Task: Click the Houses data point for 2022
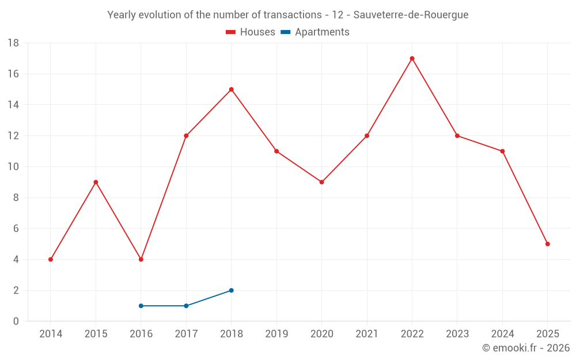pyautogui.click(x=412, y=58)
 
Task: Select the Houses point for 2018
pyautogui.click(x=231, y=89)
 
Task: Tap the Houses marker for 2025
pyautogui.click(x=547, y=244)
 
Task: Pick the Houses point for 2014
pyautogui.click(x=51, y=259)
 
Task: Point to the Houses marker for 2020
pyautogui.click(x=321, y=182)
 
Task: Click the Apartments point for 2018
pyautogui.click(x=231, y=290)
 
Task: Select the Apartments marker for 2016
pyautogui.click(x=141, y=306)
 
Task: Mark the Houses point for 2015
pyautogui.click(x=96, y=182)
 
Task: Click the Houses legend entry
pyautogui.click(x=251, y=32)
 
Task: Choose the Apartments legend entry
pyautogui.click(x=315, y=32)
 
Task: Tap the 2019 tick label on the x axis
pyautogui.click(x=276, y=334)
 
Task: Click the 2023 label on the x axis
pyautogui.click(x=457, y=334)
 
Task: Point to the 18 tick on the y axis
pyautogui.click(x=13, y=43)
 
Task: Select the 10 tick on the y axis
pyautogui.click(x=13, y=167)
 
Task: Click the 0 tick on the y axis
pyautogui.click(x=16, y=321)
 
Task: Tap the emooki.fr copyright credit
pyautogui.click(x=526, y=348)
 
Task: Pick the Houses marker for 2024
pyautogui.click(x=502, y=151)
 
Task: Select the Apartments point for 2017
pyautogui.click(x=186, y=306)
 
